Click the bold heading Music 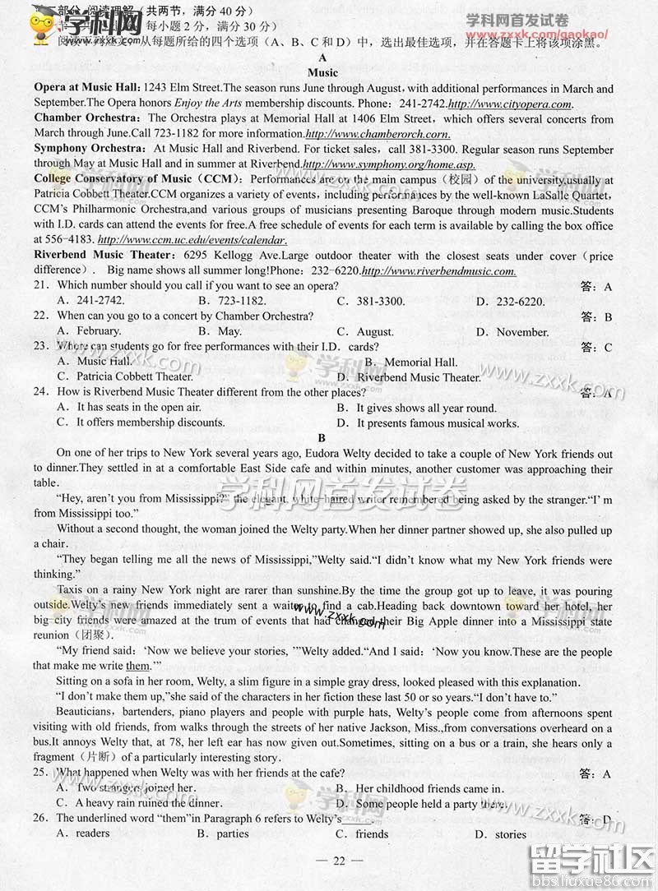(322, 73)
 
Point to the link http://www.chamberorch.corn (378, 134)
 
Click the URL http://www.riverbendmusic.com (438, 271)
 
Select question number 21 (41, 285)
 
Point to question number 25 (41, 773)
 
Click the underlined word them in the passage (137, 666)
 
